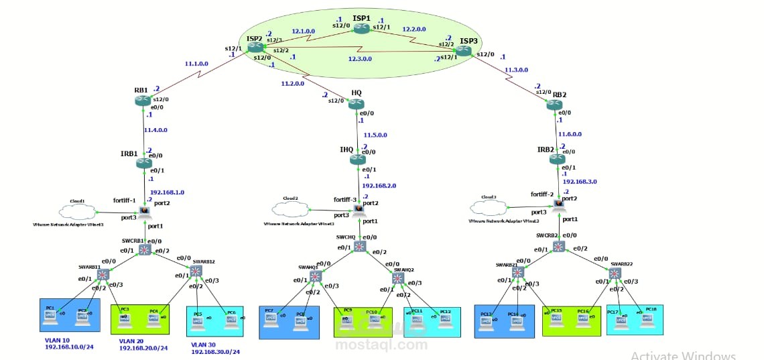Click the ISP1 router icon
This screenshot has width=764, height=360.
point(362,28)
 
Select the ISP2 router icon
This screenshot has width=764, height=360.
point(255,48)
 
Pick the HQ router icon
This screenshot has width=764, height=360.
point(357,103)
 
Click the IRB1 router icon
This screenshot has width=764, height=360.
point(143,163)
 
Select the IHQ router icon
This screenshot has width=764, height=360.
point(357,160)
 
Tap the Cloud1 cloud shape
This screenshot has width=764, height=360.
point(76,211)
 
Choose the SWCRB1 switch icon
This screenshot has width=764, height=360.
point(144,250)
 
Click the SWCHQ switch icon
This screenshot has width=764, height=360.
point(360,246)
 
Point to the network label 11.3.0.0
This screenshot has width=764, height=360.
point(516,69)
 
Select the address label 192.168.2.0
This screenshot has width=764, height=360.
point(379,185)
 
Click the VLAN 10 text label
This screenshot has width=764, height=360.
point(56,340)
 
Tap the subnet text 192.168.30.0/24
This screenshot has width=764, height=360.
point(215,351)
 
